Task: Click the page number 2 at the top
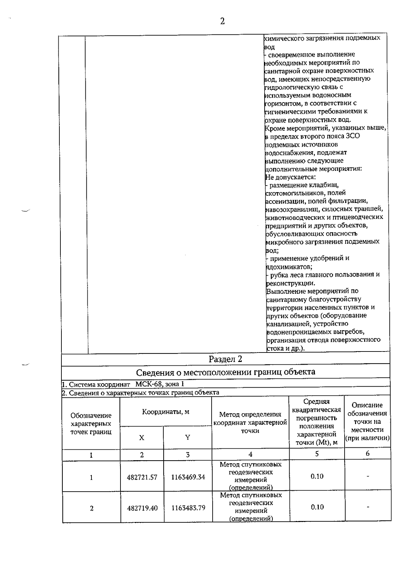(x=222, y=21)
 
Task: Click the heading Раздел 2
(x=225, y=359)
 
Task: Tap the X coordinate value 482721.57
(x=142, y=477)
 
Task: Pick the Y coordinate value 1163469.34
(x=188, y=477)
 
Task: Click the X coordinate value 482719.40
(x=142, y=508)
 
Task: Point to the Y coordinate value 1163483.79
(x=188, y=508)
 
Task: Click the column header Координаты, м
(x=165, y=412)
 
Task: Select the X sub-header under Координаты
(x=142, y=438)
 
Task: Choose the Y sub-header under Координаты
(x=188, y=438)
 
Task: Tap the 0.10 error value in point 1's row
(x=317, y=476)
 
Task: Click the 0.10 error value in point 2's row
(x=317, y=507)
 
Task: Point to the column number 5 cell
(x=317, y=454)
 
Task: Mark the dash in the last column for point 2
(x=368, y=507)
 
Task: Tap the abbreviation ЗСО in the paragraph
(x=353, y=136)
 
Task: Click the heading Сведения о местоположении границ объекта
(x=225, y=372)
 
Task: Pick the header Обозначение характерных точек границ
(x=91, y=424)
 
